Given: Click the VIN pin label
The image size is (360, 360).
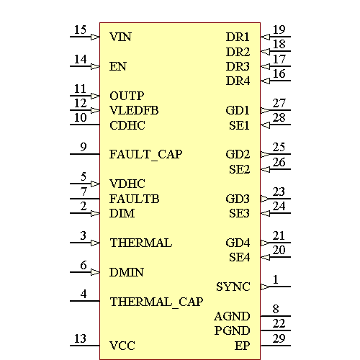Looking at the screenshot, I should tap(120, 37).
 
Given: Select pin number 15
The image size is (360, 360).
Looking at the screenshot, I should tap(80, 30).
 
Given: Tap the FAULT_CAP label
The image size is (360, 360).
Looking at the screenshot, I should tap(145, 155).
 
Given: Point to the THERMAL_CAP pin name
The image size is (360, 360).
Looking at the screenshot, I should tap(156, 302).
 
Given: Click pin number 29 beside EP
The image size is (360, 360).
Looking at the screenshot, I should tap(279, 338).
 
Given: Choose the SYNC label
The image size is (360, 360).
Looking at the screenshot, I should tap(233, 287).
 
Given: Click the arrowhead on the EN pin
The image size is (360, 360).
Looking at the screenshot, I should tap(95, 66).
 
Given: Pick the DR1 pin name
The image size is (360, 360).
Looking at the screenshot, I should tap(238, 37).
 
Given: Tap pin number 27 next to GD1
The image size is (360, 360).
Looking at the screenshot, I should tap(279, 103).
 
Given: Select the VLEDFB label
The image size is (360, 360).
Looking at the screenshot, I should tap(134, 111).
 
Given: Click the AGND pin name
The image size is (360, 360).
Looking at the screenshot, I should tap(232, 316).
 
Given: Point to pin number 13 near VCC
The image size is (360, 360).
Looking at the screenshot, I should tap(80, 338).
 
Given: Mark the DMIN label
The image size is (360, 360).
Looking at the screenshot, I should tap(126, 272).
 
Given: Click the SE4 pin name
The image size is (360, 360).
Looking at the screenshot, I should tap(239, 257).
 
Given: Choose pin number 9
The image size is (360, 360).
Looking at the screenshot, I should tap(84, 147).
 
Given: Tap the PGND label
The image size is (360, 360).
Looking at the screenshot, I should tap(232, 331).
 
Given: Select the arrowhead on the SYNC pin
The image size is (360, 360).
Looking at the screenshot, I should tap(264, 287).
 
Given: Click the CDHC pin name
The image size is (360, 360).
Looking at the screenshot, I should tap(127, 125).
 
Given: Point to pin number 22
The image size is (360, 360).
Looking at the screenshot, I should tap(279, 323).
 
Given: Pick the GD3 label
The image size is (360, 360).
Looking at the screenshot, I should tap(238, 199).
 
